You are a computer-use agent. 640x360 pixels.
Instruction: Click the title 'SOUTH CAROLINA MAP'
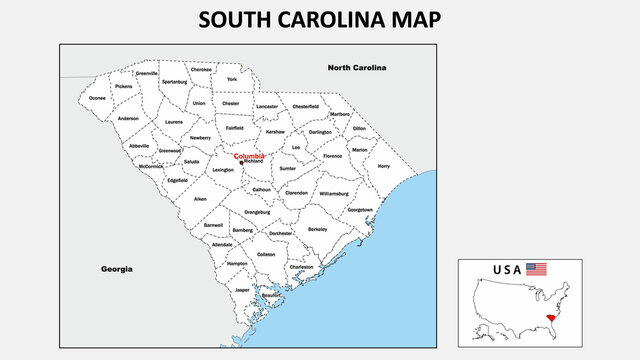click(319, 19)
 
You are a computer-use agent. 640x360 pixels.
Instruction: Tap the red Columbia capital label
click(249, 157)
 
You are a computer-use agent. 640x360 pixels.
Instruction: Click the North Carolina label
click(356, 68)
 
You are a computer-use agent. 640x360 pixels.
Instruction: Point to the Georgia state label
click(117, 269)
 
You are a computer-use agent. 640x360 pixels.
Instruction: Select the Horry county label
click(384, 167)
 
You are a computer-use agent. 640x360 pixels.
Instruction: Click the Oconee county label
click(97, 98)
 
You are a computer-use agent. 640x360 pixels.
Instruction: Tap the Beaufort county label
click(272, 296)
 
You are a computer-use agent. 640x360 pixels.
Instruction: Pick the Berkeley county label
click(318, 229)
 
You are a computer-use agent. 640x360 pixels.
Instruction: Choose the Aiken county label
click(200, 199)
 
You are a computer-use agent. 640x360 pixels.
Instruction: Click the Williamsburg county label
click(334, 193)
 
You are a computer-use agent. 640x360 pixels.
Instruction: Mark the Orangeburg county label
click(257, 212)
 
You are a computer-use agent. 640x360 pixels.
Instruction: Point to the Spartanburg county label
click(174, 82)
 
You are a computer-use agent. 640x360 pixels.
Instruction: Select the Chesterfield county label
click(305, 106)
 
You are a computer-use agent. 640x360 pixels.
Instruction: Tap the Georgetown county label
click(360, 210)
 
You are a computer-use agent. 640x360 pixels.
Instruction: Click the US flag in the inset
click(537, 269)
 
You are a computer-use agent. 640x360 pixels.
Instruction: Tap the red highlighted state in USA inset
click(549, 317)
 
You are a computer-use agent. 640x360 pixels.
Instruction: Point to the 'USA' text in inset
click(508, 270)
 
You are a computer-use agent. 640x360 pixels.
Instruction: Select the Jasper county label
click(242, 289)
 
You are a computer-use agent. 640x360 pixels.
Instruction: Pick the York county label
click(232, 79)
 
